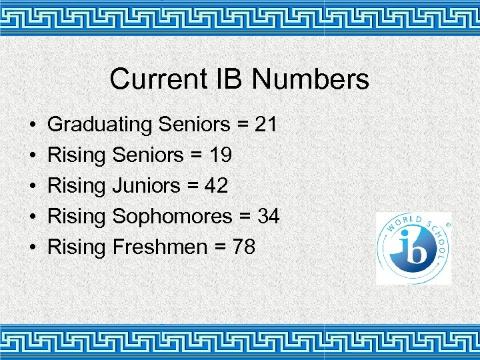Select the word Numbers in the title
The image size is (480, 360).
[x=310, y=79]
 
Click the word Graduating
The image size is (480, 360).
[x=101, y=125]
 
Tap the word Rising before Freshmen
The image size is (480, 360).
[x=77, y=247]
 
